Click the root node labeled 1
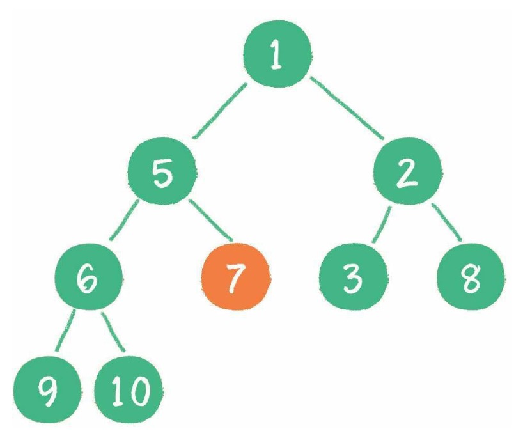(277, 54)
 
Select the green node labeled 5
(162, 171)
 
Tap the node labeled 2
(407, 171)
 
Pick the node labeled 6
(88, 277)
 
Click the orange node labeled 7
(236, 277)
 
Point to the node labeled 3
(353, 277)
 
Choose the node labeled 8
(471, 277)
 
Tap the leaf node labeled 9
(47, 389)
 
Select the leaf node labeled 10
(129, 389)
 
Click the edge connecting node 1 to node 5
(220, 111)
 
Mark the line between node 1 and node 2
(347, 108)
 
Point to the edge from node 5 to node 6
(124, 220)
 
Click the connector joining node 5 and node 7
(210, 220)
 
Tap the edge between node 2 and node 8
(447, 222)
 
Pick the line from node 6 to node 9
(65, 331)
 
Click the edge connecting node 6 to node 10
(113, 332)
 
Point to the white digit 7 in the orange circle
(235, 278)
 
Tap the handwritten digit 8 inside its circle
(471, 279)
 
